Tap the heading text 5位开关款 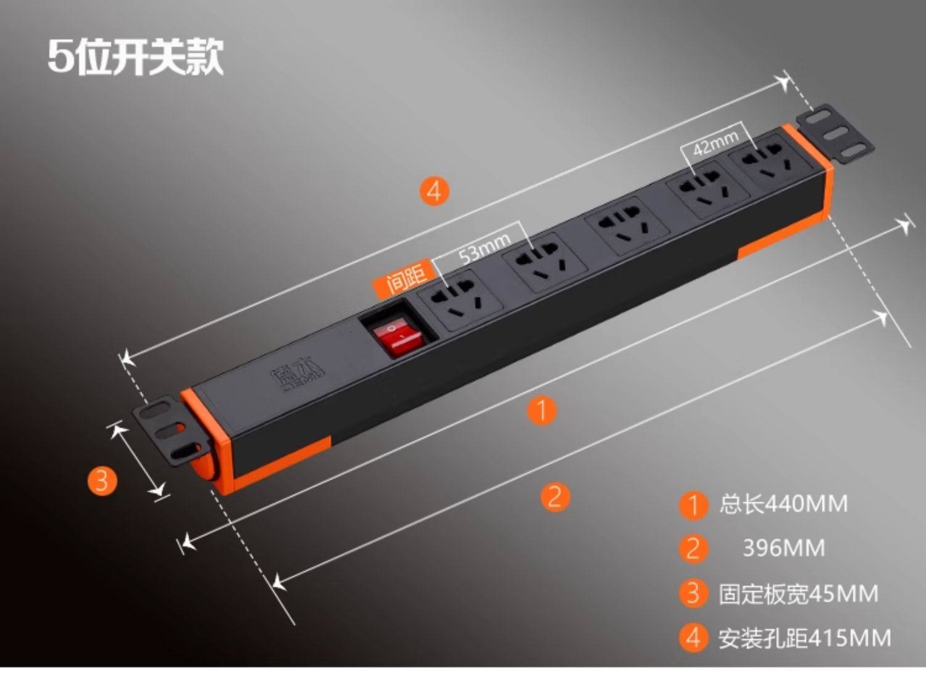[x=136, y=57]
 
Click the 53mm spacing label [x=485, y=248]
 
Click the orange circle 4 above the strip [x=434, y=191]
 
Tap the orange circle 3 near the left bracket [x=102, y=480]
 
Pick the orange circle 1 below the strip [x=542, y=411]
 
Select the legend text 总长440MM [x=783, y=504]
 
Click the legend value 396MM [x=783, y=548]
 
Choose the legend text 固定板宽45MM [x=798, y=593]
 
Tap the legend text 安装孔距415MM [x=804, y=638]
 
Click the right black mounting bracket [x=835, y=132]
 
